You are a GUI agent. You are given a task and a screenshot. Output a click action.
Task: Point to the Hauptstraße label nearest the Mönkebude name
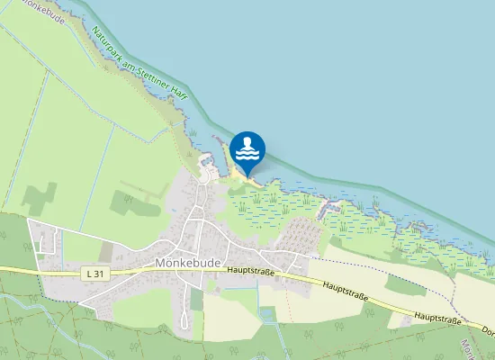pyautogui.click(x=250, y=270)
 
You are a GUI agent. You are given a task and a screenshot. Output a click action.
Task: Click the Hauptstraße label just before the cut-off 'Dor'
pyautogui.click(x=437, y=320)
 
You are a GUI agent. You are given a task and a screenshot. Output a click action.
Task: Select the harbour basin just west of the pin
pyautogui.click(x=208, y=162)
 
